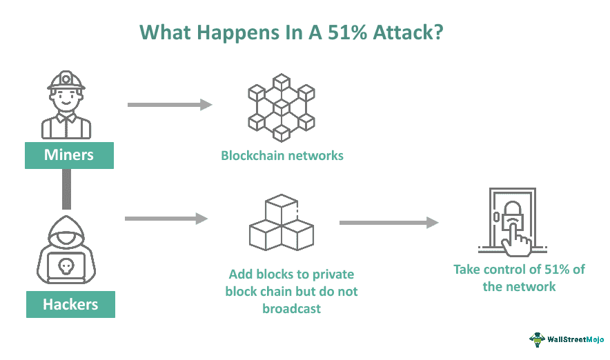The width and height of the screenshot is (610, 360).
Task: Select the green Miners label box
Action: coord(69,155)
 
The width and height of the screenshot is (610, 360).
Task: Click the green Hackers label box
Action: coord(70,304)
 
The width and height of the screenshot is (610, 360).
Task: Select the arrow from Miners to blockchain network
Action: coord(170,105)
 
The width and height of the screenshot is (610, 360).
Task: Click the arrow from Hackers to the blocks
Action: coord(166,219)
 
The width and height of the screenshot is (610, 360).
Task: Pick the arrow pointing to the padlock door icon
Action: coord(389,222)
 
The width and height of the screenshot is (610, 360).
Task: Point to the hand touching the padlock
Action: coord(519,238)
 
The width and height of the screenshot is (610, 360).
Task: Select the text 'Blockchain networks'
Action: coord(282,155)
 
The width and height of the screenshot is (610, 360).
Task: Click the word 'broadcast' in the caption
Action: coord(291,309)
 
